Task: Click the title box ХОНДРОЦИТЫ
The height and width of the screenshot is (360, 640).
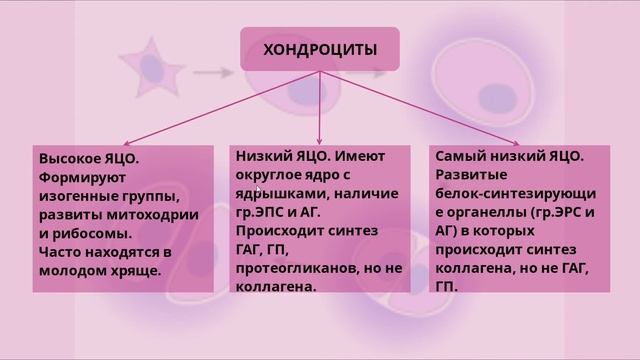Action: tap(319, 48)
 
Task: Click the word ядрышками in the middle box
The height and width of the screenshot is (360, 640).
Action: tap(273, 193)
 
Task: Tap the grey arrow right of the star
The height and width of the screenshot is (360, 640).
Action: tap(214, 72)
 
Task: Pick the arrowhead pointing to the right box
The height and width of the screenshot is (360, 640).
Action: tap(516, 142)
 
